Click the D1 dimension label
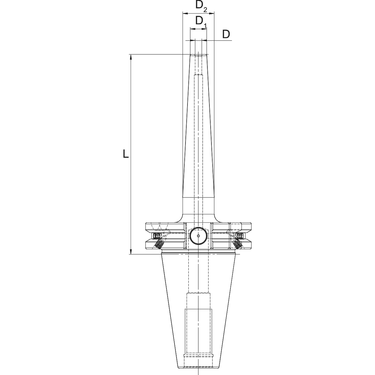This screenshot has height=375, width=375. pyautogui.click(x=201, y=21)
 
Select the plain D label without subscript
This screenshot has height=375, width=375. pyautogui.click(x=226, y=34)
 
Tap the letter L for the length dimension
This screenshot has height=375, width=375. pyautogui.click(x=125, y=154)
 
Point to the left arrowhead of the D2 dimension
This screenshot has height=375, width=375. pyautogui.click(x=185, y=13)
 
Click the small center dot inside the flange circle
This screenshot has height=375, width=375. pyautogui.click(x=198, y=236)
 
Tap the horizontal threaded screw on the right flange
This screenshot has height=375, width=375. pyautogui.click(x=240, y=236)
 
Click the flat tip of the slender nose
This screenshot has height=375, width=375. pyautogui.click(x=198, y=55)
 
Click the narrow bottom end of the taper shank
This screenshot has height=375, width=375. pyautogui.click(x=198, y=368)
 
